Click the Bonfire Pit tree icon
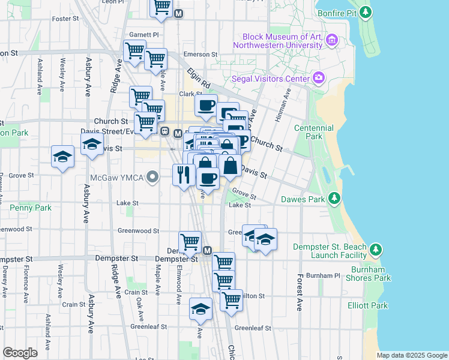(366, 12)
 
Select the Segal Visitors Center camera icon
(319, 77)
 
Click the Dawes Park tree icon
(334, 199)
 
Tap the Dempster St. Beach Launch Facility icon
(376, 248)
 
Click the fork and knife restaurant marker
(183, 175)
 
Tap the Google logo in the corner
(20, 353)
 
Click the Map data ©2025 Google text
(412, 355)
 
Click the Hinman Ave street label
(282, 106)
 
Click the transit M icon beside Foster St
(178, 13)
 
